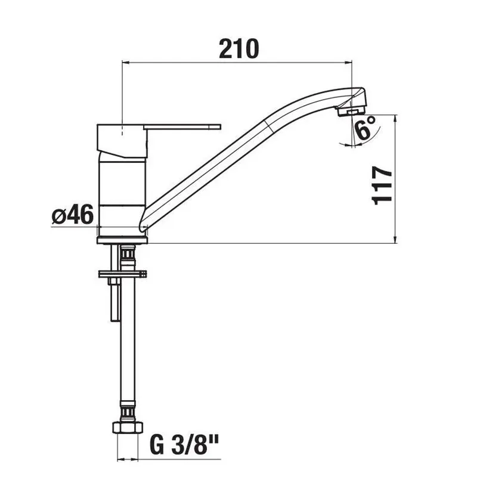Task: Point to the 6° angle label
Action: [x=366, y=127]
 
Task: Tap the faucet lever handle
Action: [x=182, y=126]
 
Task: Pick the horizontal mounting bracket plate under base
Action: [x=122, y=274]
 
